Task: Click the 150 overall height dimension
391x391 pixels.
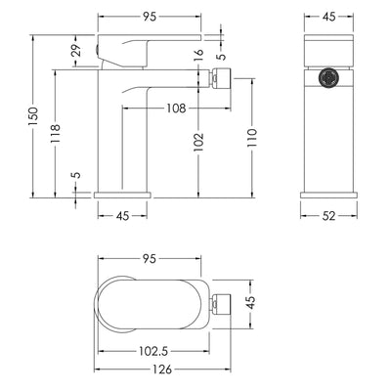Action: click(x=33, y=116)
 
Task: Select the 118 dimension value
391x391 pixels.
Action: click(x=56, y=133)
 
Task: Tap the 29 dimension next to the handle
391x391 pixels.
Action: click(x=76, y=51)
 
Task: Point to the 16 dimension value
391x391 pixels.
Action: click(x=198, y=55)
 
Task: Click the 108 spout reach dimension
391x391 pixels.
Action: click(x=176, y=108)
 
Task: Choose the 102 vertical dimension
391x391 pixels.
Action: click(x=198, y=142)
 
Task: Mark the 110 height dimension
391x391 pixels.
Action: click(x=252, y=138)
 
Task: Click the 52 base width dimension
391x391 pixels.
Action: click(x=328, y=216)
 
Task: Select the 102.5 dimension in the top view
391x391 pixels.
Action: click(x=153, y=351)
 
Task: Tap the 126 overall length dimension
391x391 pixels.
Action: click(x=162, y=369)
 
